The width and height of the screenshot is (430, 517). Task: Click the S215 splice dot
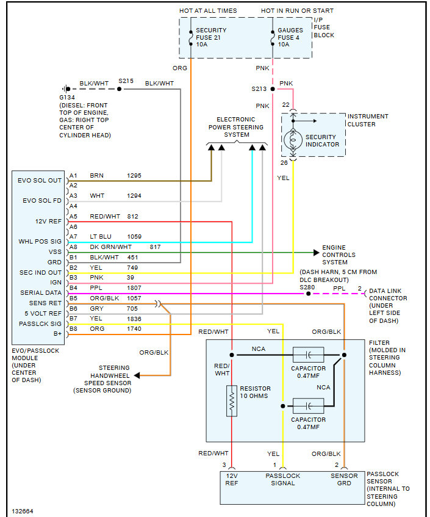120,89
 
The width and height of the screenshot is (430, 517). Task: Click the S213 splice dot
273,89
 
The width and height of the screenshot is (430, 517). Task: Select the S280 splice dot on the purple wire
309,294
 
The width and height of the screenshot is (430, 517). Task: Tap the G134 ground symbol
66,89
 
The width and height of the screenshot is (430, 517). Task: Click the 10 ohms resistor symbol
232,400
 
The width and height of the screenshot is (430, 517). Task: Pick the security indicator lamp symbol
293,140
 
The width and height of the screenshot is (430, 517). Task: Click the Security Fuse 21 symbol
191,38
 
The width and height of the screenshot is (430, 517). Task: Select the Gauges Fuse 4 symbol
273,38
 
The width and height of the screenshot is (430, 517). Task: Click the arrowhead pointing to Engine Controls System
317,253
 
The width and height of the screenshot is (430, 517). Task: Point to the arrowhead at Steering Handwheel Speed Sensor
137,375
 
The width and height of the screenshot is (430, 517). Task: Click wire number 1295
134,175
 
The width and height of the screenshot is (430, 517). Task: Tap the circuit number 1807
134,288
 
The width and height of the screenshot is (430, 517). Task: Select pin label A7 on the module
73,236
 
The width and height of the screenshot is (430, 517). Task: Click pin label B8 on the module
73,329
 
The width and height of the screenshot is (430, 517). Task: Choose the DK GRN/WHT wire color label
111,247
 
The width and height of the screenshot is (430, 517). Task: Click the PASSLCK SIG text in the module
40,324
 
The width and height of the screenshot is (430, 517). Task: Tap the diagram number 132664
23,511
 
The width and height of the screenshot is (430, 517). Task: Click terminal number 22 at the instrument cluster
285,105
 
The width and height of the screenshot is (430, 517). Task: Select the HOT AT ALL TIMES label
208,11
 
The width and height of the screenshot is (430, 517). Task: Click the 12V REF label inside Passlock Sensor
232,479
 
